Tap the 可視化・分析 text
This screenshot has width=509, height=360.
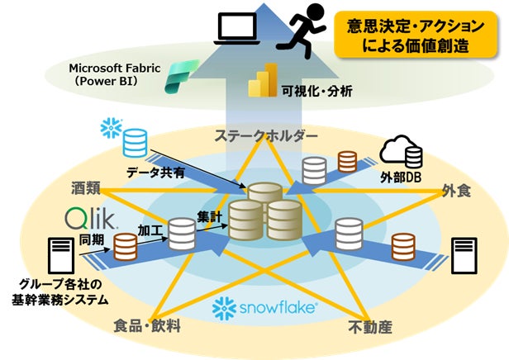pyautogui.click(x=317, y=90)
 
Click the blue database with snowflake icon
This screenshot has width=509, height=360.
pyautogui.click(x=133, y=142)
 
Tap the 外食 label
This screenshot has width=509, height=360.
pyautogui.click(x=455, y=191)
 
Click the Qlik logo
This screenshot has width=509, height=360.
pyautogui.click(x=92, y=220)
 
